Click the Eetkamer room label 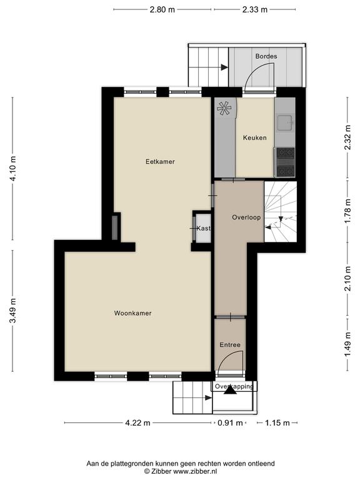click(160, 162)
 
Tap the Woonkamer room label click(133, 313)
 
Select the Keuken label click(255, 137)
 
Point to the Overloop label click(246, 217)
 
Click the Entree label click(230, 345)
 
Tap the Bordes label click(266, 56)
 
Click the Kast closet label click(204, 228)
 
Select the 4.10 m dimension click(13, 169)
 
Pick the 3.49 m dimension click(13, 311)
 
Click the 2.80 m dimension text click(162, 10)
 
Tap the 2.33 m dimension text click(255, 10)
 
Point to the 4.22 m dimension click(137, 423)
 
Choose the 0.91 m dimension click(230, 423)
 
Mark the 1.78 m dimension click(347, 211)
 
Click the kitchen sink click(285, 122)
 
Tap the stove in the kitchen click(285, 162)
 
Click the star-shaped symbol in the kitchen click(224, 108)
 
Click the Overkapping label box click(234, 386)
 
